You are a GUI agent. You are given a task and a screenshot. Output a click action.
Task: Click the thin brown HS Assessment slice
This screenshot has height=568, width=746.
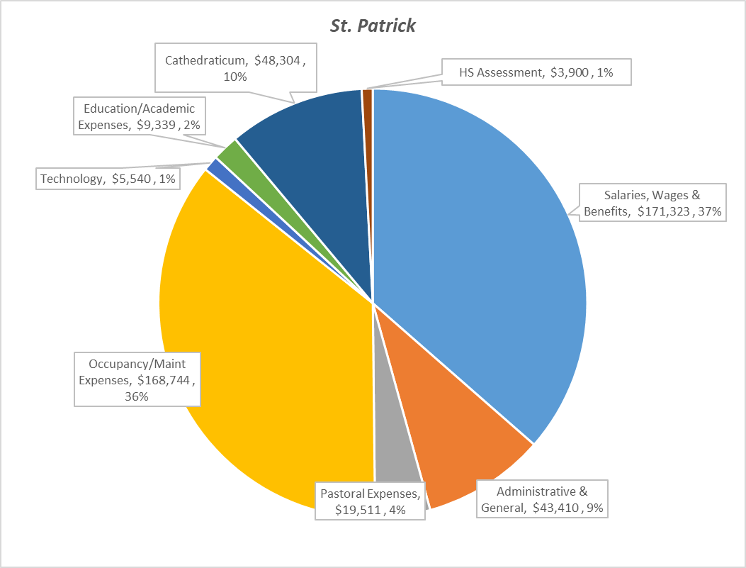pos(368,142)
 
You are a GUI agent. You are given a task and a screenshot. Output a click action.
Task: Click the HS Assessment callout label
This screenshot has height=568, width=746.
pos(535,71)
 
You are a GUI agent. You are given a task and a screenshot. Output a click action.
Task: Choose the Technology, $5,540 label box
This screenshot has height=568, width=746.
pos(108,179)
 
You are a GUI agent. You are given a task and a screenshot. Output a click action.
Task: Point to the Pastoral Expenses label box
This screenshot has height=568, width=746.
pos(371,501)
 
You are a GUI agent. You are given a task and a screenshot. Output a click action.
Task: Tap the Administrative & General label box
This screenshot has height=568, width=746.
pos(543,499)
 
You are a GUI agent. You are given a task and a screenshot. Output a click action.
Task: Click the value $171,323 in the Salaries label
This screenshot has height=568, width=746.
pos(664,211)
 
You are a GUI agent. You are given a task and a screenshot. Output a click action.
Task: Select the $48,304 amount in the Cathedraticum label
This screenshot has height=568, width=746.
pos(279,60)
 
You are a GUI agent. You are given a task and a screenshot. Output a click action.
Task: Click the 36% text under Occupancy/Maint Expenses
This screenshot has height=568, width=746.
pos(137,396)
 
